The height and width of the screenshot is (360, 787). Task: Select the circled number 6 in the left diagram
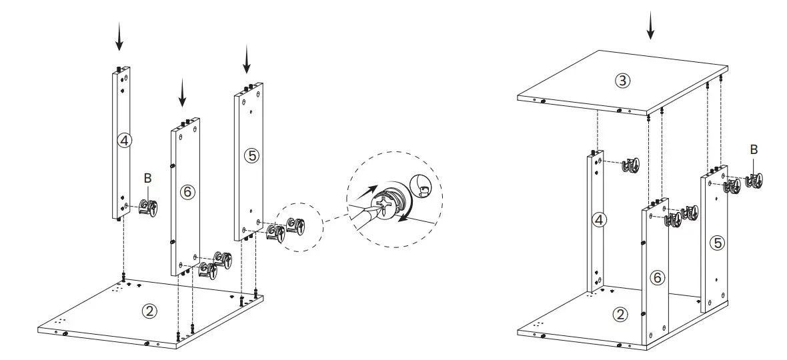[x=187, y=191]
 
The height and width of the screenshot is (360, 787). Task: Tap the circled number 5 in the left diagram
[x=251, y=155]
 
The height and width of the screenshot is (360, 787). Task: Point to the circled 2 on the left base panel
[x=150, y=311]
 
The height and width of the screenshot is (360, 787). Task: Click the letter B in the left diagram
[x=147, y=178]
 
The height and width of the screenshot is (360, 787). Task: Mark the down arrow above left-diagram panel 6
[x=182, y=93]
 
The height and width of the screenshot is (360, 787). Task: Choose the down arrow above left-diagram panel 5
[x=247, y=60]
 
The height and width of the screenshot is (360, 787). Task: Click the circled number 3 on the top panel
[x=622, y=81]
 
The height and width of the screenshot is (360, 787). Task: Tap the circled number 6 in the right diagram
[x=658, y=278]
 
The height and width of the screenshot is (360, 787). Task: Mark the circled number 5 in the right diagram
[x=717, y=243]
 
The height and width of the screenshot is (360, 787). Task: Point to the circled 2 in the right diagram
[x=620, y=315]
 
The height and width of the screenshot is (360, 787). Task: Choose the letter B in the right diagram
[x=754, y=150]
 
